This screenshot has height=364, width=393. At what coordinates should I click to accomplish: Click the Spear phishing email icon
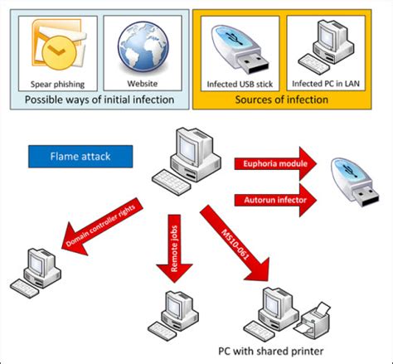point(59,44)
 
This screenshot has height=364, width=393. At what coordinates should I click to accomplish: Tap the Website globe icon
point(143,47)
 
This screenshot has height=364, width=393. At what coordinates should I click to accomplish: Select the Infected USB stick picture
point(240,49)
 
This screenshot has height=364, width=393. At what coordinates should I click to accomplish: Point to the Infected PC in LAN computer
point(326,46)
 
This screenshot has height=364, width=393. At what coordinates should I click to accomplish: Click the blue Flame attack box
point(80,157)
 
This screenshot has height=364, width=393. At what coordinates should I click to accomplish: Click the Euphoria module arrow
point(275,163)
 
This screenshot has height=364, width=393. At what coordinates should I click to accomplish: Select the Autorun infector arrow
point(275,200)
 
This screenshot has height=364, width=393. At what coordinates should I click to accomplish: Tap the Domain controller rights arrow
point(102,226)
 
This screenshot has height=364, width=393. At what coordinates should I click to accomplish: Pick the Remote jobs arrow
point(174,249)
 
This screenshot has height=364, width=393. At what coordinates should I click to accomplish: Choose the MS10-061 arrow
point(235,243)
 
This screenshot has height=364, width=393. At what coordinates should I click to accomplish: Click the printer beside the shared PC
point(312,321)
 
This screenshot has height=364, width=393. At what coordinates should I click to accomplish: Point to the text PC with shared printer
point(271,352)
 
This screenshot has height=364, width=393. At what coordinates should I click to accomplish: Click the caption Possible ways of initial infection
point(99,99)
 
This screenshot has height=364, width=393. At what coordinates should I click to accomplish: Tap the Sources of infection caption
point(282,99)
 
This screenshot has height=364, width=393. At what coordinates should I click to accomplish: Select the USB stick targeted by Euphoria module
point(355,182)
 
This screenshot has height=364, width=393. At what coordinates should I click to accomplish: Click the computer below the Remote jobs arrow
point(173,316)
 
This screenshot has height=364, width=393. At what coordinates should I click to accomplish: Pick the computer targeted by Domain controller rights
point(36,273)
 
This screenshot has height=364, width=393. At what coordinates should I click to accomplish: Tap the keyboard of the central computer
point(172,182)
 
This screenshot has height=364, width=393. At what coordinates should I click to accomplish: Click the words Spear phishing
point(57,85)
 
